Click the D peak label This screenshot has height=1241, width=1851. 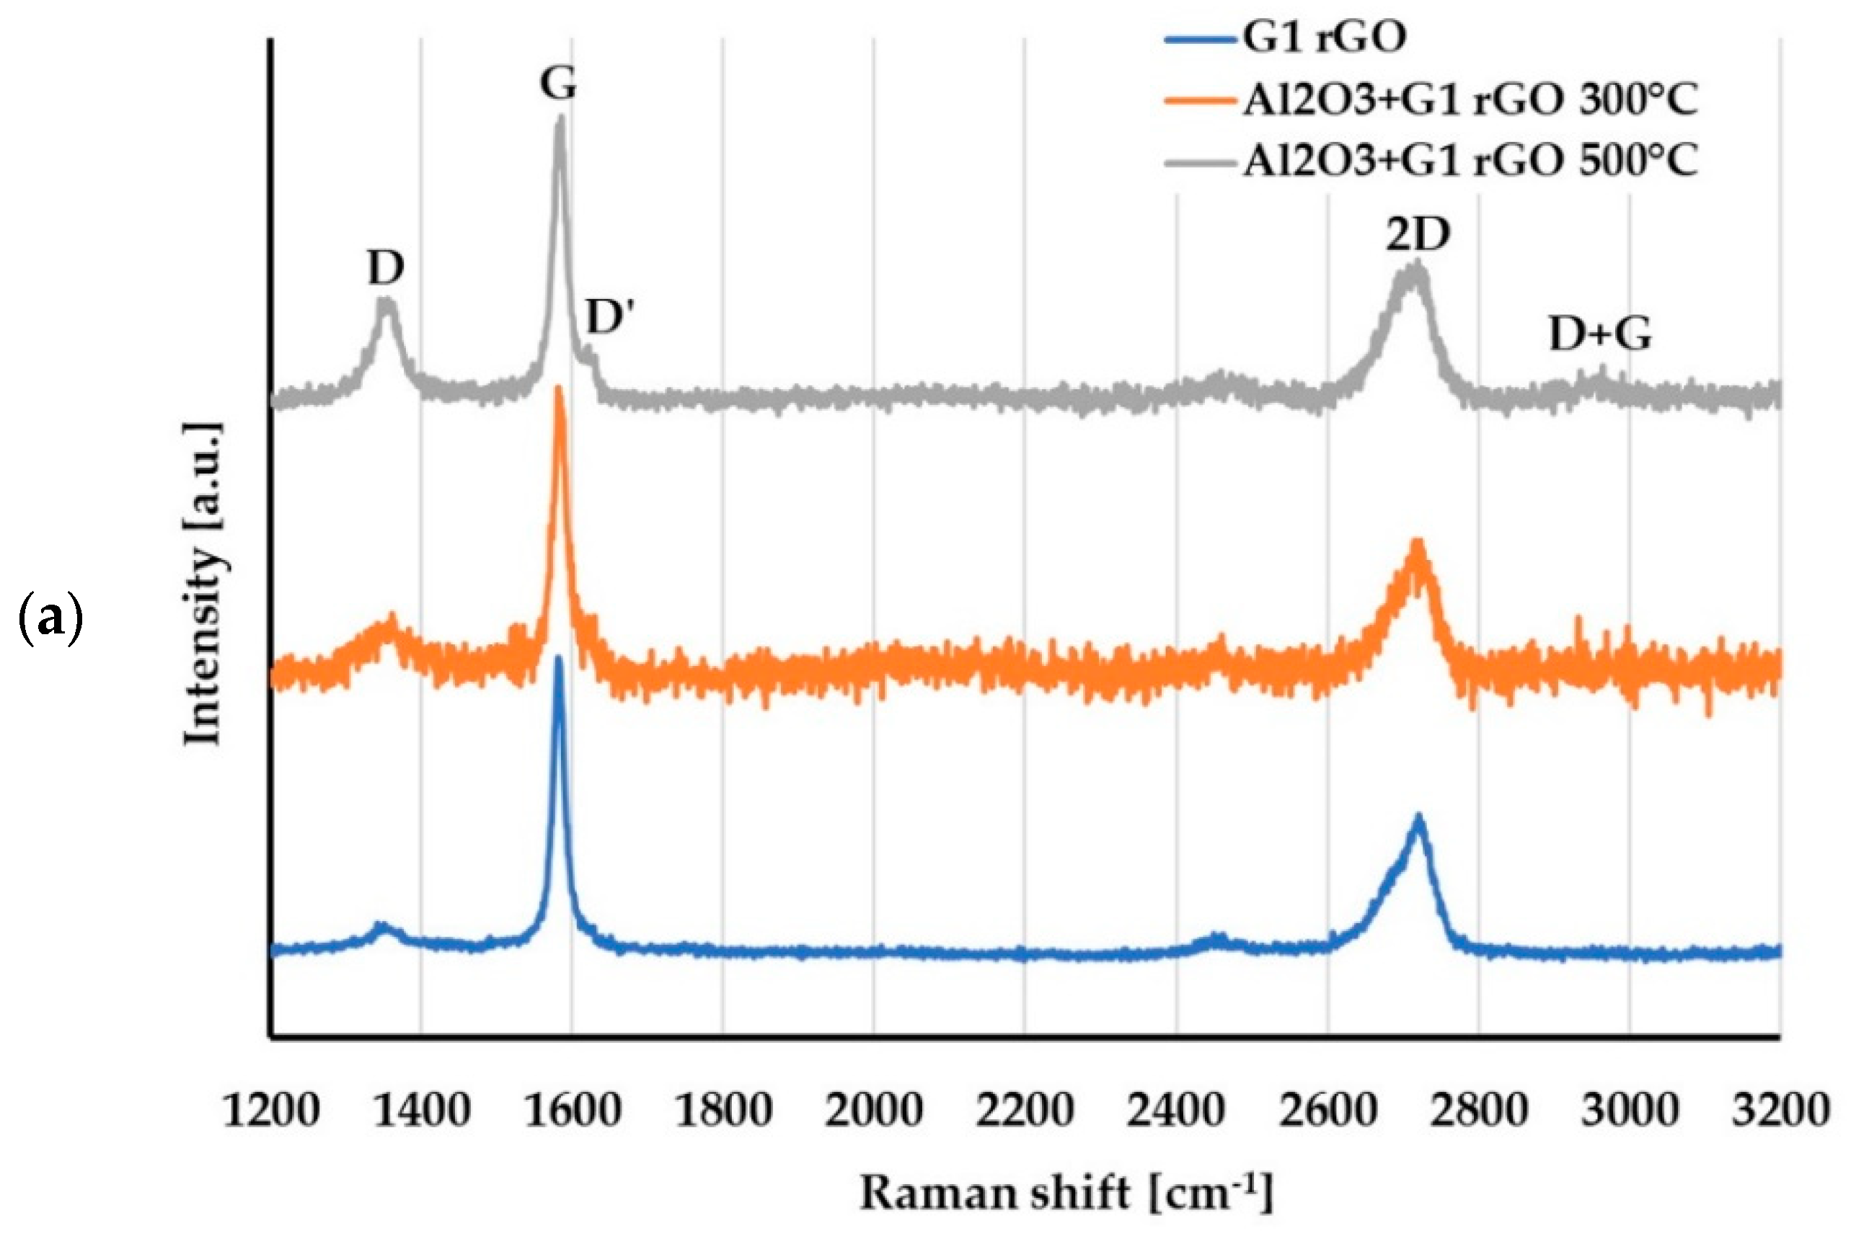386,269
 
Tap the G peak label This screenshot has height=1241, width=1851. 558,82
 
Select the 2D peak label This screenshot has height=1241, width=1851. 1417,234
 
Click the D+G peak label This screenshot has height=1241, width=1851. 1600,335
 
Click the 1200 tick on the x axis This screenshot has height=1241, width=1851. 272,1111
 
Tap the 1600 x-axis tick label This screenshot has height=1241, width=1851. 573,1111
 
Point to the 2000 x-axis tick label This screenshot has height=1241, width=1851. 874,1111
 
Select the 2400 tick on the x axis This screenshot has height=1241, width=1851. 1175,1111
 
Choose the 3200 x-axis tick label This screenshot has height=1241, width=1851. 1780,1111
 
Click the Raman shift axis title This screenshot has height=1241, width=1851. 1066,1193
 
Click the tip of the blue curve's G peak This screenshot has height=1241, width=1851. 559,659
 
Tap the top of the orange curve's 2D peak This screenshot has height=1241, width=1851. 1418,541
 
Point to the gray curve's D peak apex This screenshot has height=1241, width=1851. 386,300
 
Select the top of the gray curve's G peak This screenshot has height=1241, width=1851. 560,118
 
